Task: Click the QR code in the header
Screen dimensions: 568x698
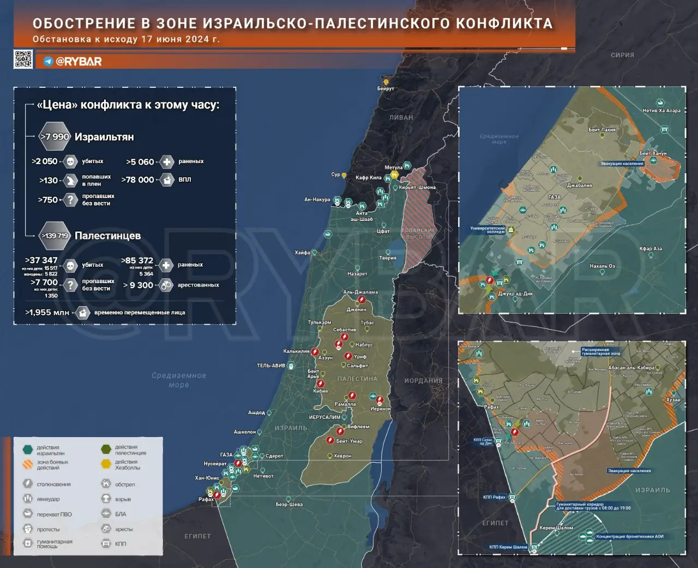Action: tap(23, 59)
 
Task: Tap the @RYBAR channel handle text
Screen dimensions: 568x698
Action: tap(79, 62)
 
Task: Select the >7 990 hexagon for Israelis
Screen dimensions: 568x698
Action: tap(55, 137)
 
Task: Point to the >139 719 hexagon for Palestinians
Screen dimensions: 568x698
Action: tap(55, 236)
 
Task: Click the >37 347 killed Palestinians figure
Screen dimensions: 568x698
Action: tap(41, 260)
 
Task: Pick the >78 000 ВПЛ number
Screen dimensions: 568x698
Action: tap(137, 180)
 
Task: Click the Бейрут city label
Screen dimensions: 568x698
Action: tap(386, 88)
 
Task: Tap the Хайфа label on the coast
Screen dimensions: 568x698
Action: tap(302, 253)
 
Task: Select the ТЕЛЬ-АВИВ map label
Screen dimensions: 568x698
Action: tap(271, 366)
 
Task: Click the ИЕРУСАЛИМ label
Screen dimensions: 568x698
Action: tap(324, 417)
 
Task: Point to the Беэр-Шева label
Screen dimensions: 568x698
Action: tap(289, 505)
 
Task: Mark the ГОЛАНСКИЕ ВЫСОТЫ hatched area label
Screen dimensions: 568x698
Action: tap(418, 234)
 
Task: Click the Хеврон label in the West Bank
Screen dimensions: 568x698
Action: tap(342, 456)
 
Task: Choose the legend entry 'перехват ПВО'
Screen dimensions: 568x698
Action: tap(54, 514)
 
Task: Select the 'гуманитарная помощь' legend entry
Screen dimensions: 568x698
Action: tap(55, 544)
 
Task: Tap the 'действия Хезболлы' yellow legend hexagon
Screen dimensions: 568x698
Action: tap(106, 464)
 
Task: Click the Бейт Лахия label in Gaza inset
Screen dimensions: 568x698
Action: tap(601, 130)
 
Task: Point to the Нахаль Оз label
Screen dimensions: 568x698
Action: tap(602, 266)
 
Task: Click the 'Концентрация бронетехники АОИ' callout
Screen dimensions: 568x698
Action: tap(630, 536)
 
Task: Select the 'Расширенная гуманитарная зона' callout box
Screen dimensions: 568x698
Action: tap(600, 351)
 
